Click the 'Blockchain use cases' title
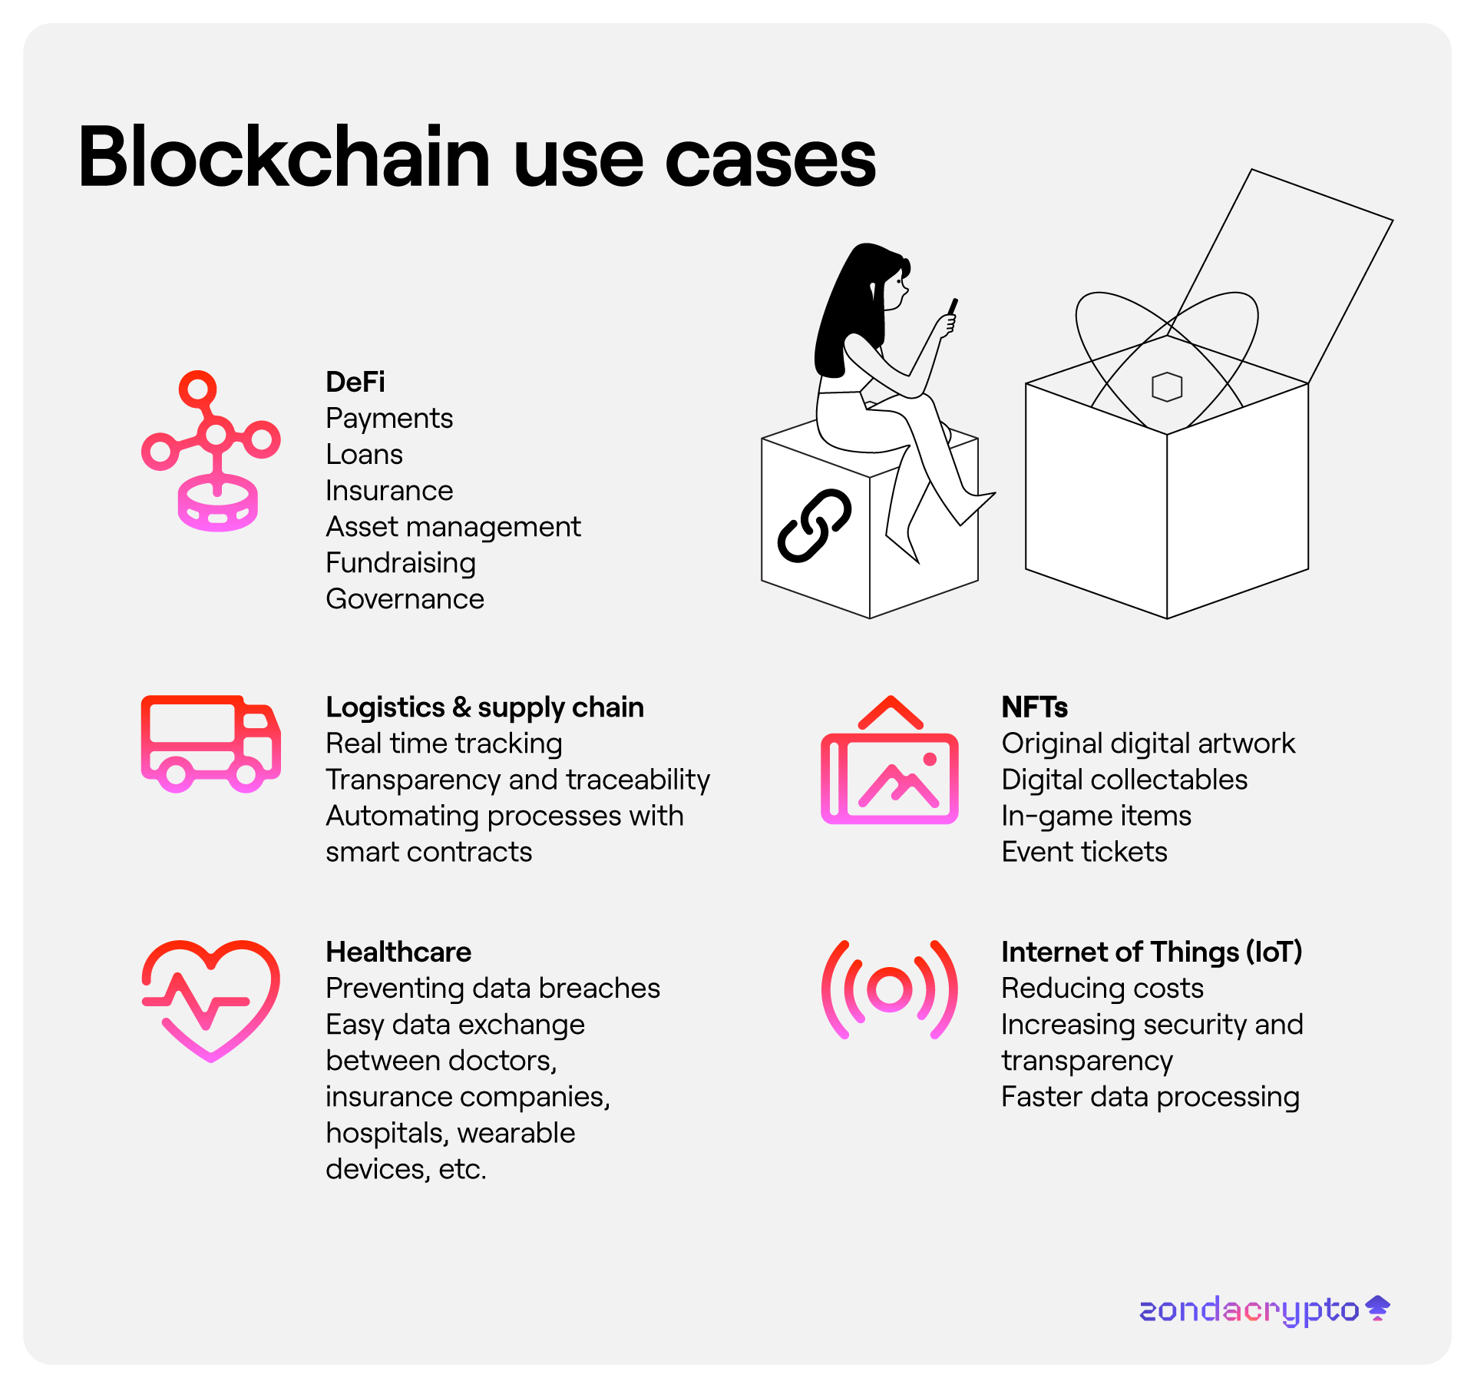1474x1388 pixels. coord(476,157)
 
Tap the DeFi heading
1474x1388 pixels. coord(355,382)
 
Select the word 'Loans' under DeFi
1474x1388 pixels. coord(364,454)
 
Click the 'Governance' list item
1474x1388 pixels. coord(405,598)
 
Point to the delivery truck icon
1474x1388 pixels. coord(210,743)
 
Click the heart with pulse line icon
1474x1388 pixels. coord(210,999)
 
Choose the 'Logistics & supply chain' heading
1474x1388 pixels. coord(484,707)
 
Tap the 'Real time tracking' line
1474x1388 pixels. coord(444,743)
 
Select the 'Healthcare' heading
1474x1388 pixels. coord(398,952)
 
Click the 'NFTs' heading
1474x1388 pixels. coord(1034,707)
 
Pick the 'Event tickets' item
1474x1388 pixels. coord(1084,851)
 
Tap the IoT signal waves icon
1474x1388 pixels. coord(890,989)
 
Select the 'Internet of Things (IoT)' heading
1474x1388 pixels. coord(1152,952)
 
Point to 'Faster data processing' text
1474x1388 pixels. coord(1150,1096)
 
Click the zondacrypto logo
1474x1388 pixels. coord(1264,1310)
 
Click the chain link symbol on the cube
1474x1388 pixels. coord(815,525)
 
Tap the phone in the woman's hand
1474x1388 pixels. coord(953,306)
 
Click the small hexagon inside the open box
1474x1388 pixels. coord(1167,386)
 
